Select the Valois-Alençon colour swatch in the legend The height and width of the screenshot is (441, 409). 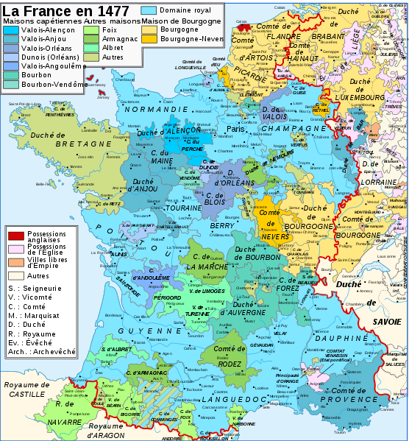[x=12, y=30]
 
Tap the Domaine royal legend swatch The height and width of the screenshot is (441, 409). [x=149, y=11]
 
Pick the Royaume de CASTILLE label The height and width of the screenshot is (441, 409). [x=29, y=389]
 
